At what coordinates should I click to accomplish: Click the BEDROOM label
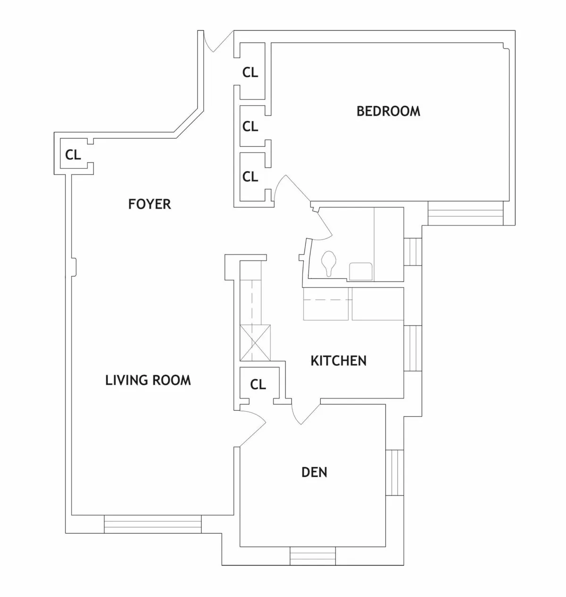point(388,111)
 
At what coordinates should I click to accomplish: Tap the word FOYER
point(150,204)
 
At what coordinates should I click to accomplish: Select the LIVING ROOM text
point(148,380)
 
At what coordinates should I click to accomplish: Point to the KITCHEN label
point(338,361)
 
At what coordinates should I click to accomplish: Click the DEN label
point(314,472)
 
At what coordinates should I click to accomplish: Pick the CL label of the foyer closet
point(73,155)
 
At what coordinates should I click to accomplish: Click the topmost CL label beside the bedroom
point(250,73)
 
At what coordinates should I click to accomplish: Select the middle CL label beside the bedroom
point(250,126)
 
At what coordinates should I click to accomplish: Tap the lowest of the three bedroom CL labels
point(250,176)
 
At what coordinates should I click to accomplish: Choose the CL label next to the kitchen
point(258,384)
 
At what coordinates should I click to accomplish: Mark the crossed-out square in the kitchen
point(255,342)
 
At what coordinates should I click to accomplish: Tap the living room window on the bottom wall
point(152,524)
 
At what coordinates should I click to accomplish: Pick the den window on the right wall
point(395,473)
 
